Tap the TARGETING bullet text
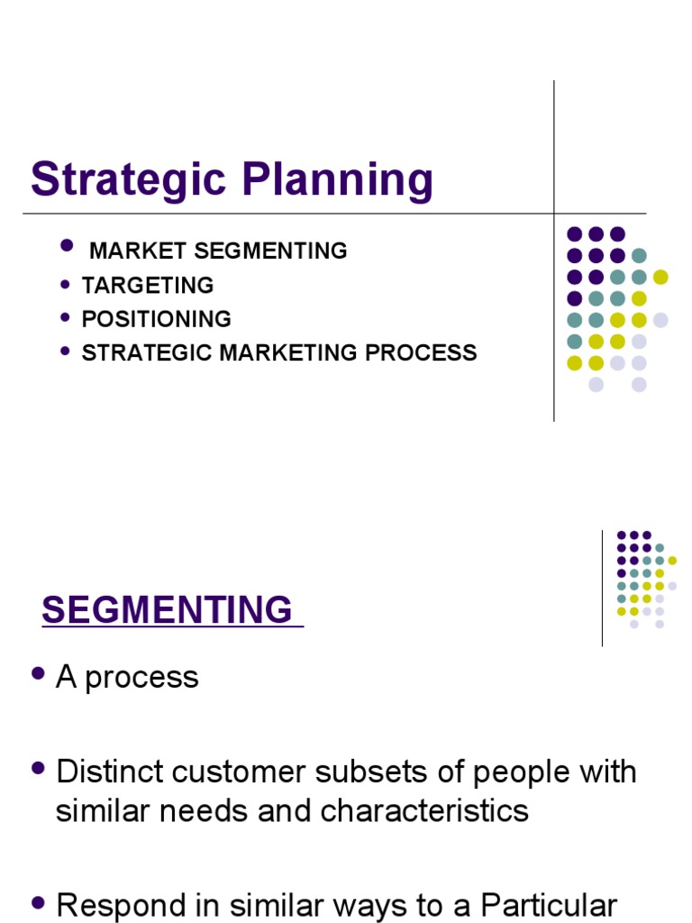148,286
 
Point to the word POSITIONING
157,319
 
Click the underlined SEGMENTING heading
168,610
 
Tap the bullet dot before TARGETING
64,284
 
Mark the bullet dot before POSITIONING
64,317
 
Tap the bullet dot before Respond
38,902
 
